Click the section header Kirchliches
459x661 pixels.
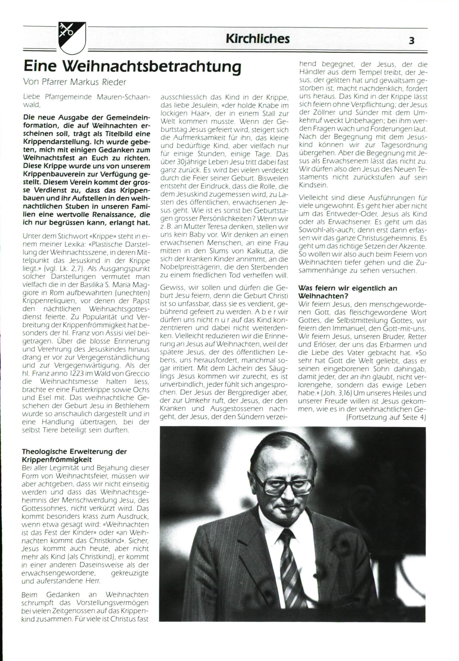(257, 39)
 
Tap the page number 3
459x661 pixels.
(412, 41)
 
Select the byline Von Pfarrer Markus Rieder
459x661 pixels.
(74, 82)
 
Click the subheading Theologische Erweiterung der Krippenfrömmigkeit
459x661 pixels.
(74, 455)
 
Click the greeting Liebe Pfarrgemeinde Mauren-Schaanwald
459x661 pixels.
(86, 101)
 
